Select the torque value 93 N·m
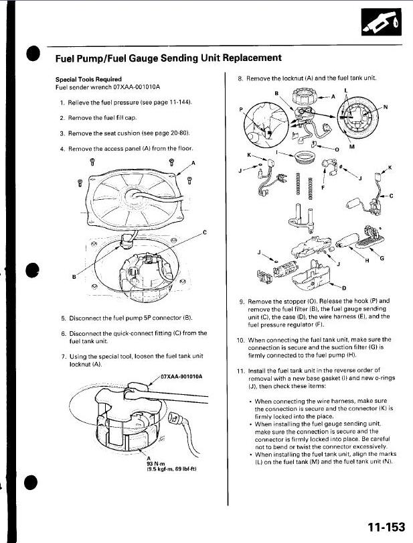coord(155,464)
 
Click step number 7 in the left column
coord(62,356)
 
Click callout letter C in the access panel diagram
coord(205,232)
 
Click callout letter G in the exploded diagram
coord(382,257)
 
